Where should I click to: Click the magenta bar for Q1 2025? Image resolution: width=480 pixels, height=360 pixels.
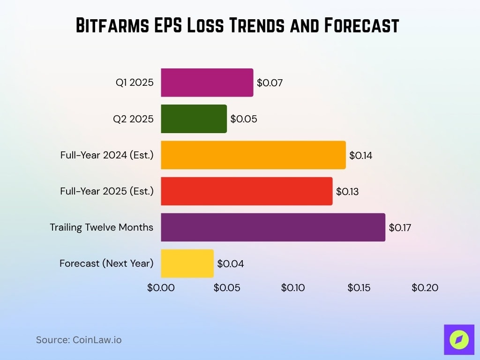pyautogui.click(x=207, y=82)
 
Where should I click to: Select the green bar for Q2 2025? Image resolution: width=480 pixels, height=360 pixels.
pyautogui.click(x=194, y=119)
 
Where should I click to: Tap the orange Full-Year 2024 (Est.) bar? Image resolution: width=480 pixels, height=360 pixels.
pyautogui.click(x=253, y=155)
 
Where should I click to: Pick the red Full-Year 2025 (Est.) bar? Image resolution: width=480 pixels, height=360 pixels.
pyautogui.click(x=247, y=191)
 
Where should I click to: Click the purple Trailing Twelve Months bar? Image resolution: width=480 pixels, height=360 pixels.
pyautogui.click(x=273, y=227)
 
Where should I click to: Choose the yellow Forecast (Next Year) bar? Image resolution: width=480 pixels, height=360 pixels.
pyautogui.click(x=187, y=263)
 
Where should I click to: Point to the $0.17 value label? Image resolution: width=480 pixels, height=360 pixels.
pyautogui.click(x=400, y=228)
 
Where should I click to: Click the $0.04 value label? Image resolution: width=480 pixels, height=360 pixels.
pyautogui.click(x=231, y=264)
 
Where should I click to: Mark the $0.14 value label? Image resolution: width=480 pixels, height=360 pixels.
pyautogui.click(x=361, y=155)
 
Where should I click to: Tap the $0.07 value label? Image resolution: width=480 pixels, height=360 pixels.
pyautogui.click(x=270, y=83)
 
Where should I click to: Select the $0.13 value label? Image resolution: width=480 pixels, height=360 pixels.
pyautogui.click(x=347, y=192)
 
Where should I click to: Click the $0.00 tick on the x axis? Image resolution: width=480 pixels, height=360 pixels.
pyautogui.click(x=161, y=288)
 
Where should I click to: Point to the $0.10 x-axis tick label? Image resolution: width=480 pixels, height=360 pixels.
pyautogui.click(x=293, y=288)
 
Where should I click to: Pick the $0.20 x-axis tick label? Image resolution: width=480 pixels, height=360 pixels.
pyautogui.click(x=425, y=288)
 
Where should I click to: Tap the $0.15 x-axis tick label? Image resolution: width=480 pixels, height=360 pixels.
pyautogui.click(x=359, y=288)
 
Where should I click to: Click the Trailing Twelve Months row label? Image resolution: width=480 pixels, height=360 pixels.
pyautogui.click(x=102, y=227)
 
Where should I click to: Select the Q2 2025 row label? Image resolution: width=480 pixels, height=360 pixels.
pyautogui.click(x=133, y=119)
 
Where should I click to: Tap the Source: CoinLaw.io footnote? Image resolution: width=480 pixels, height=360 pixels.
pyautogui.click(x=79, y=340)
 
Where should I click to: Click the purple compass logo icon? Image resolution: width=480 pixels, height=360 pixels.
pyautogui.click(x=459, y=339)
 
